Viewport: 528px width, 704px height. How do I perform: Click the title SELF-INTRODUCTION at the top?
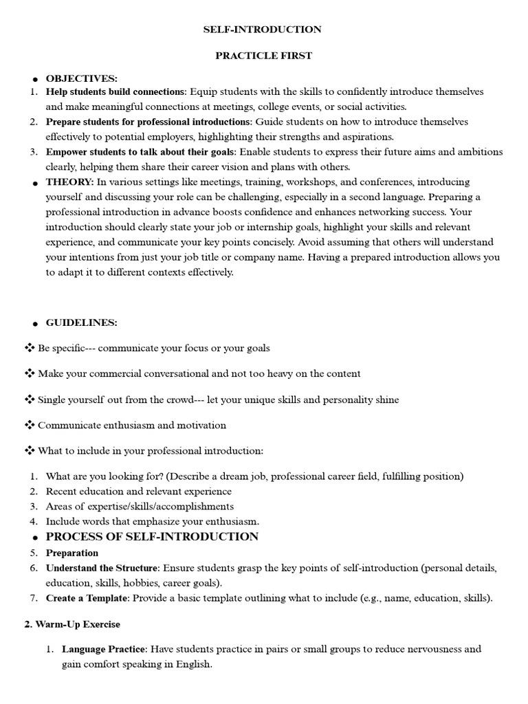click(x=262, y=30)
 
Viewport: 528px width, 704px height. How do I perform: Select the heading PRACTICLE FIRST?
click(x=263, y=56)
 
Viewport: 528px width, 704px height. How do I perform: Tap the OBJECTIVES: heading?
click(x=82, y=78)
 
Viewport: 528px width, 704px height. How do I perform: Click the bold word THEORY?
click(x=69, y=182)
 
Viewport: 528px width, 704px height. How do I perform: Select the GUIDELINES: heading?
click(x=82, y=322)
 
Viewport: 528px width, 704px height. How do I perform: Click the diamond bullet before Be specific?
click(x=30, y=348)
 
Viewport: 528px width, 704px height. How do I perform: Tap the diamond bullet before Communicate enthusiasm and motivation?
click(x=30, y=425)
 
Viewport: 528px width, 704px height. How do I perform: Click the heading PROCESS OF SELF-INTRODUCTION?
click(x=152, y=537)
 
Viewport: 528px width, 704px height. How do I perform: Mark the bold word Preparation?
click(x=72, y=553)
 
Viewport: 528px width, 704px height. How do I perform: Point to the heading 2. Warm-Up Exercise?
click(x=67, y=625)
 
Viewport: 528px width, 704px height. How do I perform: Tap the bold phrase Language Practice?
click(x=104, y=649)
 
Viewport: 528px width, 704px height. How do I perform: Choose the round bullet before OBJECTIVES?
click(x=34, y=80)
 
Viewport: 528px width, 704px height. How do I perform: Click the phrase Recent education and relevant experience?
click(x=139, y=492)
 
